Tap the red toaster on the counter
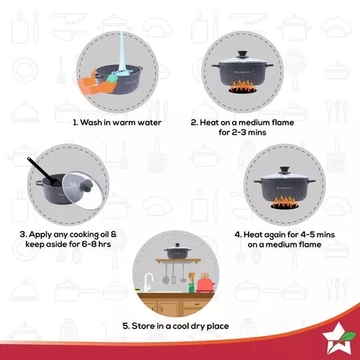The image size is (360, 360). [x=205, y=284]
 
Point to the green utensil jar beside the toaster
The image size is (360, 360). [x=191, y=285]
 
